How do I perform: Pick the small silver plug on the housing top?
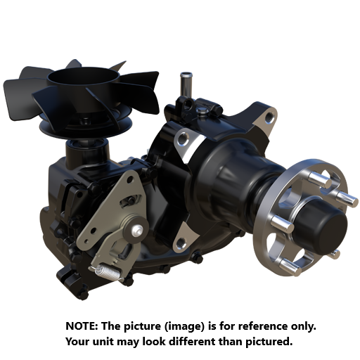pyautogui.click(x=203, y=110)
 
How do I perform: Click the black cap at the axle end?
pyautogui.click(x=326, y=224)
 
